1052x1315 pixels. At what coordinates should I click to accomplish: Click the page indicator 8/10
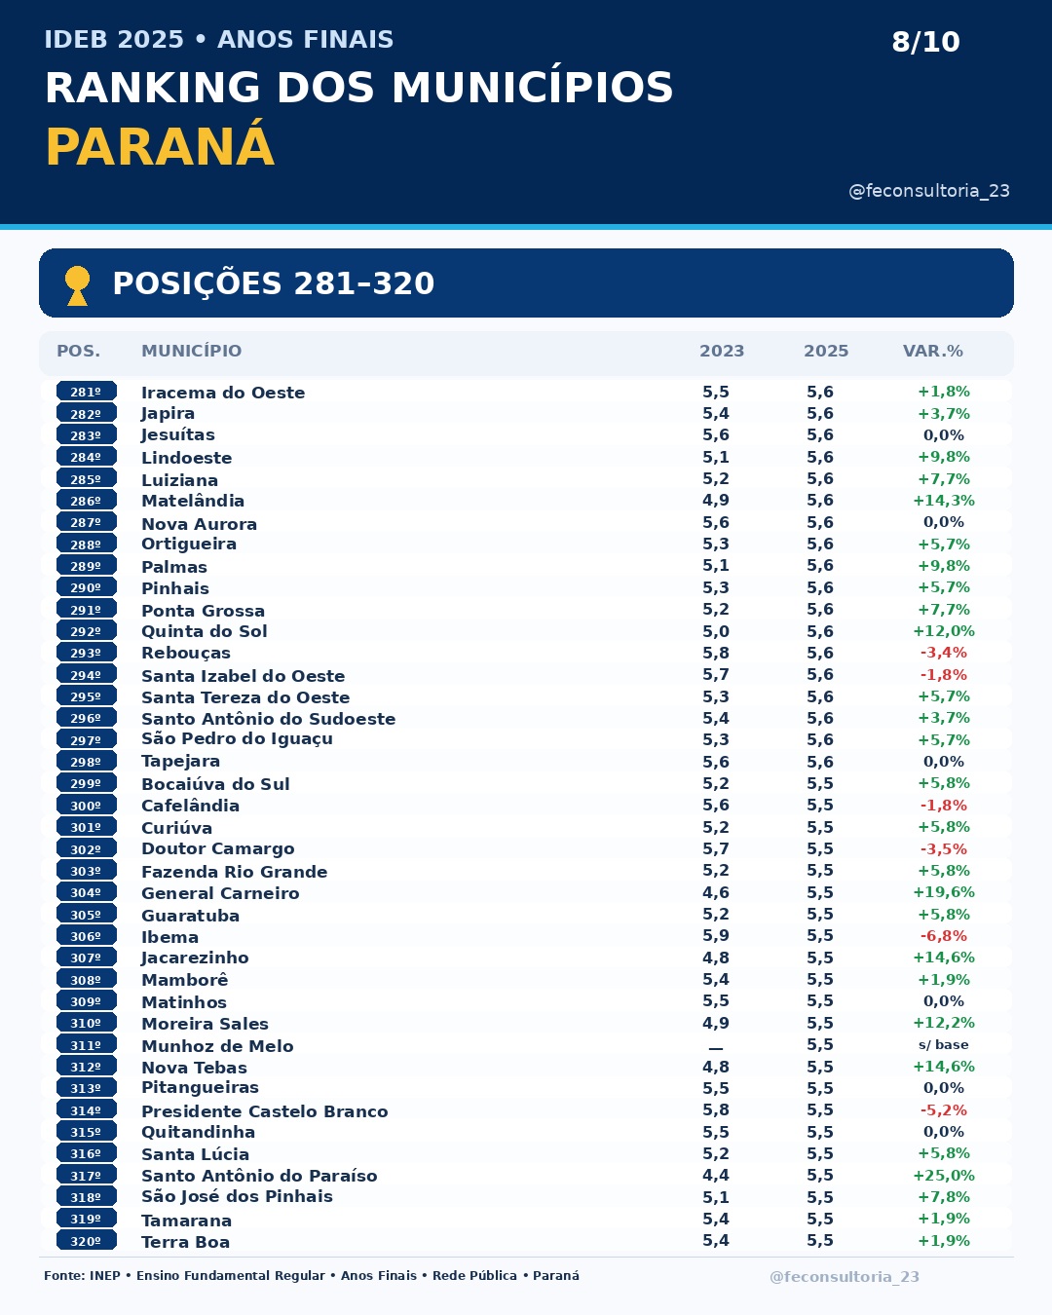(925, 42)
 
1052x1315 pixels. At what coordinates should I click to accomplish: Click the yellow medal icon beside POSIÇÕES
(77, 285)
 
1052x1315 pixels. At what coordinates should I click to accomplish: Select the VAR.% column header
(933, 351)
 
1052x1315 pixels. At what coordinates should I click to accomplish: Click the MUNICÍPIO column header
(191, 351)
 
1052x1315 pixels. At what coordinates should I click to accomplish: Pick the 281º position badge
(86, 392)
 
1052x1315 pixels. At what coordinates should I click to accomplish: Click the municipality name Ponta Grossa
(203, 611)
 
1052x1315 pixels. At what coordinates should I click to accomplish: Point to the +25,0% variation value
(944, 1175)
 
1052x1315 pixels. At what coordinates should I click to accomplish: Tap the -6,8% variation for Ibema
(944, 935)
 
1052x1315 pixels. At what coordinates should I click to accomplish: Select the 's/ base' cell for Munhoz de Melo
(943, 1044)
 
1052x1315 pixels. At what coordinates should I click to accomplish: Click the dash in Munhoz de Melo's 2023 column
(716, 1048)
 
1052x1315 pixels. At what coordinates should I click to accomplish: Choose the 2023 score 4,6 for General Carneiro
(716, 892)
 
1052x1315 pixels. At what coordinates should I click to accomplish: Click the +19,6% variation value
(944, 892)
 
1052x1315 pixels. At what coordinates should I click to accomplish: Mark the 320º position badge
(86, 1240)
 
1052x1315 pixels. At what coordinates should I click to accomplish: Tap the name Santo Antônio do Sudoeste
(268, 719)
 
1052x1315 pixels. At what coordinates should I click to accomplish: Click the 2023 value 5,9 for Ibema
(716, 935)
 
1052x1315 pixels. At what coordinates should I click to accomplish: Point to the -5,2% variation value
(944, 1109)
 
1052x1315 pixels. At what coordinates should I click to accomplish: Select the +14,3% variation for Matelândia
(944, 501)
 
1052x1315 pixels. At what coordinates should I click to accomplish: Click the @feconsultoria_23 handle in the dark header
(929, 191)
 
